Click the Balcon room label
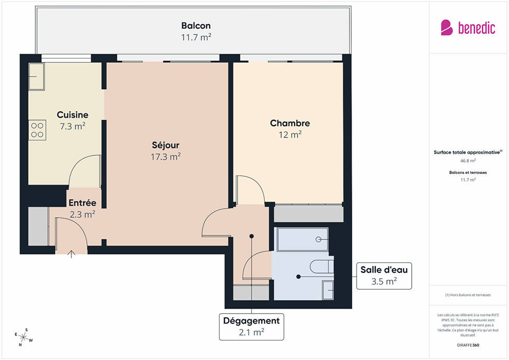[x=196, y=26]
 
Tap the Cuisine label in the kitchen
[x=72, y=115]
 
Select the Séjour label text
[x=166, y=145]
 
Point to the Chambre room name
[x=290, y=123]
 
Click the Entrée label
[x=82, y=203]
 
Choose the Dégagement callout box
[x=251, y=327]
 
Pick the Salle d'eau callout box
[x=384, y=276]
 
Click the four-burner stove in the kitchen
[x=38, y=130]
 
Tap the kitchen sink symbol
[x=37, y=77]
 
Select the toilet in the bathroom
[x=322, y=266]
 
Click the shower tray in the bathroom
[x=302, y=239]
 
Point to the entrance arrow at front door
[x=71, y=254]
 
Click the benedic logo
[x=468, y=28]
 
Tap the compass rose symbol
[x=23, y=337]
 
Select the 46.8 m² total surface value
[x=468, y=160]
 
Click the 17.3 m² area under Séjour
[x=166, y=157]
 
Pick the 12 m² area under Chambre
[x=290, y=135]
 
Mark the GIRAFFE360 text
[x=468, y=345]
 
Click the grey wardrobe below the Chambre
[x=308, y=213]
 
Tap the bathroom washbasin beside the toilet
[x=328, y=290]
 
